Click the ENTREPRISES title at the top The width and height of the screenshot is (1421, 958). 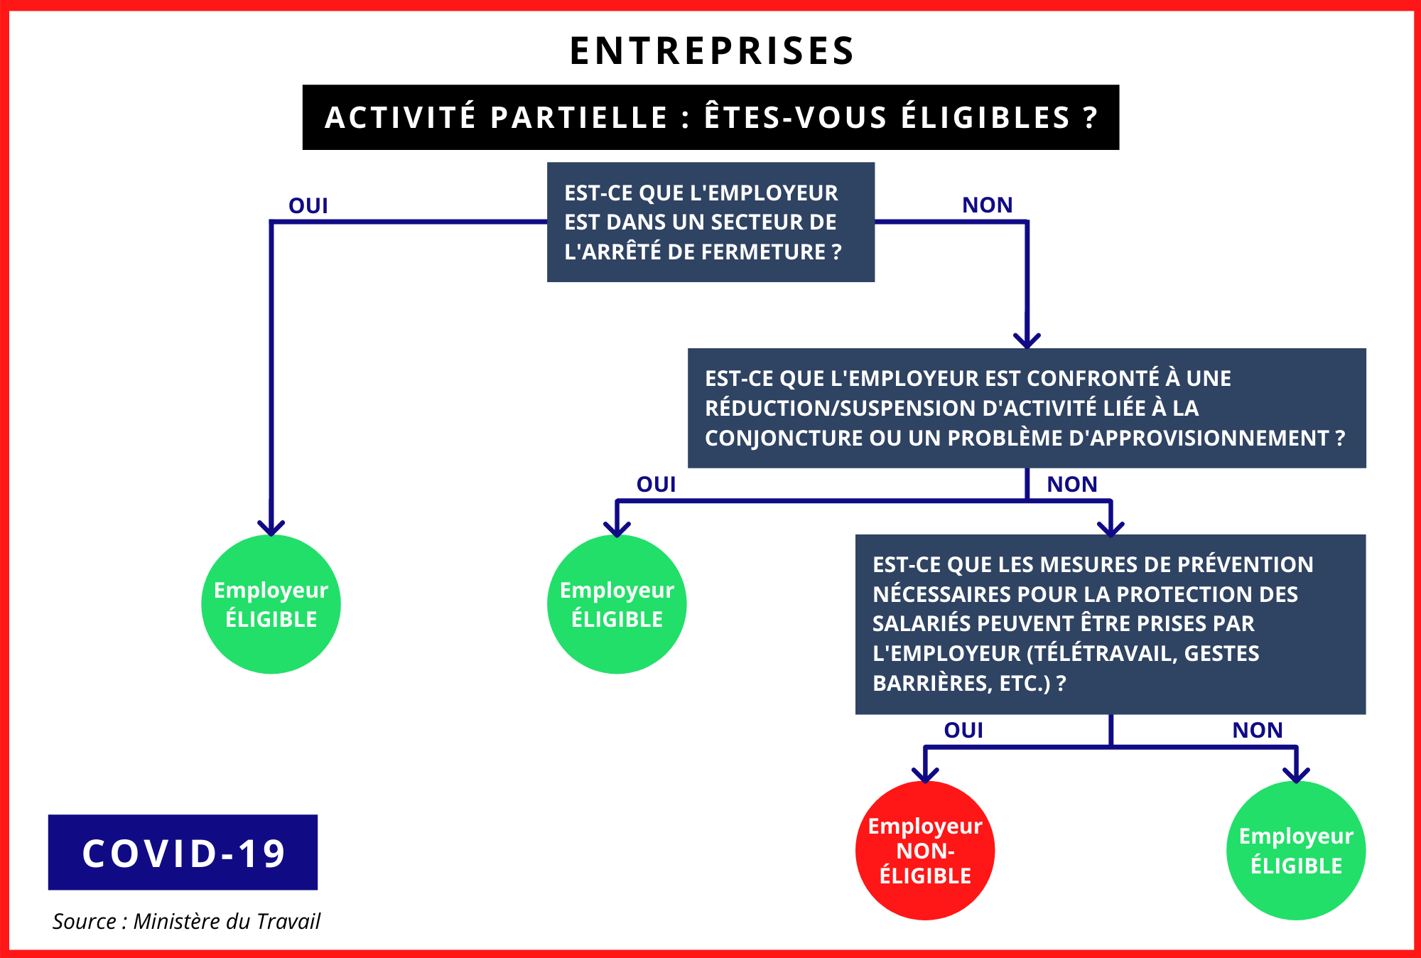[712, 51]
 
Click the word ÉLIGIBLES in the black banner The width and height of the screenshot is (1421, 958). [986, 117]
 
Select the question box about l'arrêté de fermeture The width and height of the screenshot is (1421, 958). [710, 222]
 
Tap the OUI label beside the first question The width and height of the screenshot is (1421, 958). [308, 206]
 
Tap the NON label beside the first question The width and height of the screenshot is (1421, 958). [988, 205]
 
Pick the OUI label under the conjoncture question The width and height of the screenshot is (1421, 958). [657, 485]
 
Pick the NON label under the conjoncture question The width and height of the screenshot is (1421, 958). [1072, 485]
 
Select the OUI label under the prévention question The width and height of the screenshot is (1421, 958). [963, 731]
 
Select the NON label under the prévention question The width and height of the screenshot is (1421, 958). [1258, 731]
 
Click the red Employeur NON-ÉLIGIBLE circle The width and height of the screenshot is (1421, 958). [925, 851]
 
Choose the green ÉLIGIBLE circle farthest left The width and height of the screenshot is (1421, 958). [271, 604]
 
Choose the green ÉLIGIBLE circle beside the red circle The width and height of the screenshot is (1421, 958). [1296, 851]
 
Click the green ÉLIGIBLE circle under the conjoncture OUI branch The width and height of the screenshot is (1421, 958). [617, 604]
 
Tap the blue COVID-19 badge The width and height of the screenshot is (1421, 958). [183, 852]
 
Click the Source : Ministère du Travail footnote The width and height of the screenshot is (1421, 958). [186, 922]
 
